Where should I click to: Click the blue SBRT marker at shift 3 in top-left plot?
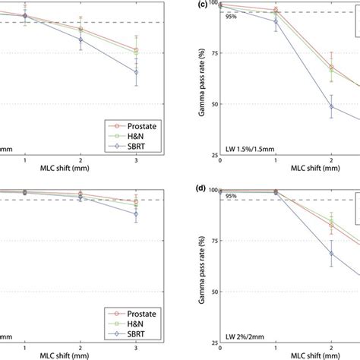(136, 72)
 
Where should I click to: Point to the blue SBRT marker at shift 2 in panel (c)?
(331, 106)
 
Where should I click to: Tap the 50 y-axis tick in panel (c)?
(213, 104)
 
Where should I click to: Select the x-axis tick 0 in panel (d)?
(220, 347)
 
